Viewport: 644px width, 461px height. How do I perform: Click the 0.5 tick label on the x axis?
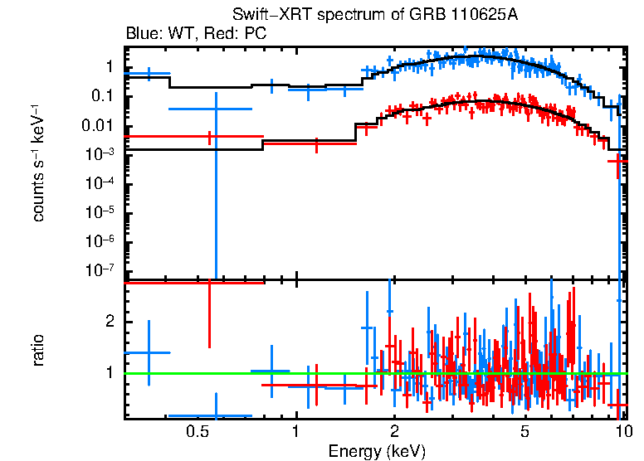196,431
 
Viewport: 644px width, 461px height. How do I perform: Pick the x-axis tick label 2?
395,431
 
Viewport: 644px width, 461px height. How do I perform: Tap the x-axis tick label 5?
524,431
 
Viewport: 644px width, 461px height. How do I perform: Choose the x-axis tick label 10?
622,431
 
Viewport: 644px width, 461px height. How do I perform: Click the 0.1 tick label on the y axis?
101,96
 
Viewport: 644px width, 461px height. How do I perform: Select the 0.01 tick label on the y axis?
98,125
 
